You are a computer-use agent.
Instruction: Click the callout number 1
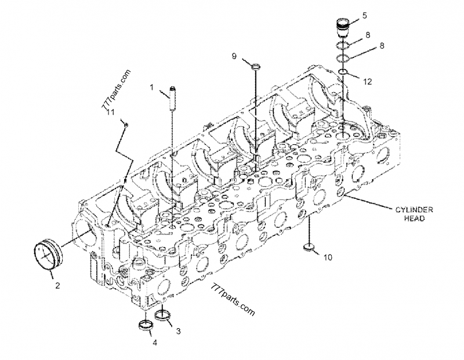tap(151, 88)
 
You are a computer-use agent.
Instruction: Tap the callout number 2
tap(57, 285)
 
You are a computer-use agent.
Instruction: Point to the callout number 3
tap(178, 331)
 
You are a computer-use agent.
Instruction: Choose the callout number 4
tap(154, 342)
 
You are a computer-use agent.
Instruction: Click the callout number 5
tap(365, 16)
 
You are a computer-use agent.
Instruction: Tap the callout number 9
tap(234, 56)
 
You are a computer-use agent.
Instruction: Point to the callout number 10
tap(328, 257)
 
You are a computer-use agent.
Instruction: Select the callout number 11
tap(110, 112)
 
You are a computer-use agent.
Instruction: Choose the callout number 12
tap(367, 82)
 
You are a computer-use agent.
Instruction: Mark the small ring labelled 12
tap(343, 72)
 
